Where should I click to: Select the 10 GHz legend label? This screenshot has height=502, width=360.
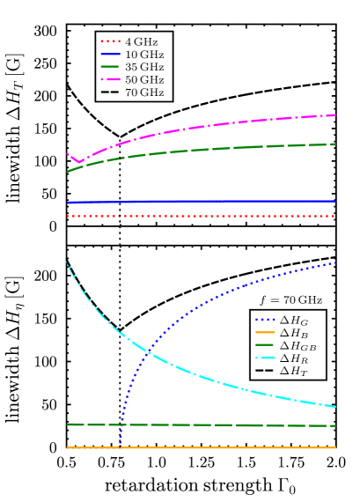[x=145, y=55]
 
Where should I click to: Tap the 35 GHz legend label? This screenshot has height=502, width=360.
[x=145, y=67]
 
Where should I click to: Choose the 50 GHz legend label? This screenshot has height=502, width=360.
[x=145, y=80]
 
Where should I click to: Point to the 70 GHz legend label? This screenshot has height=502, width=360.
[x=145, y=92]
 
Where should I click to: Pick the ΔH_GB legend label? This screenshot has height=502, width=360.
[x=298, y=346]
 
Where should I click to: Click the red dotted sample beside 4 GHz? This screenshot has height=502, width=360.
[x=110, y=41]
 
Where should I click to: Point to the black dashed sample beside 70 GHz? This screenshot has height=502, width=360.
[x=110, y=92]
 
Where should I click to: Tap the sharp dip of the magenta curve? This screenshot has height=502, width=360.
[x=80, y=162]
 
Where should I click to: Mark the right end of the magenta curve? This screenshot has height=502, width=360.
[x=335, y=114]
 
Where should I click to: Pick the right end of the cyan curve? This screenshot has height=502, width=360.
[x=335, y=407]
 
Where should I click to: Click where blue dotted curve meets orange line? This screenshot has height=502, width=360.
[x=120, y=447]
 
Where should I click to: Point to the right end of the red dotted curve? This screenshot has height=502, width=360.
[x=335, y=216]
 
